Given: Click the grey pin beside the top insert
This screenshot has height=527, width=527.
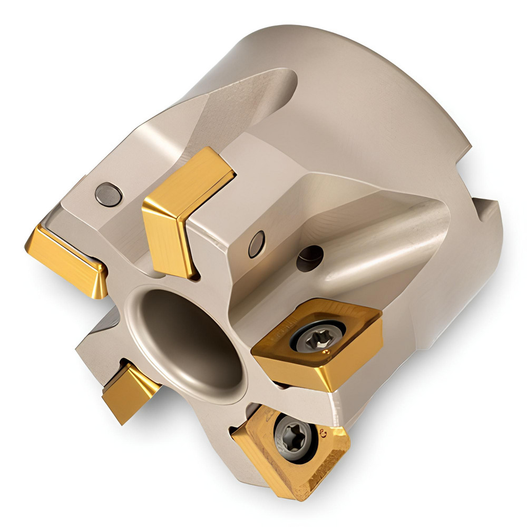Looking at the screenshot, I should pyautogui.click(x=257, y=244).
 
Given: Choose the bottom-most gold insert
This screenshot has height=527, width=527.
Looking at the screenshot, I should pyautogui.click(x=290, y=453).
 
